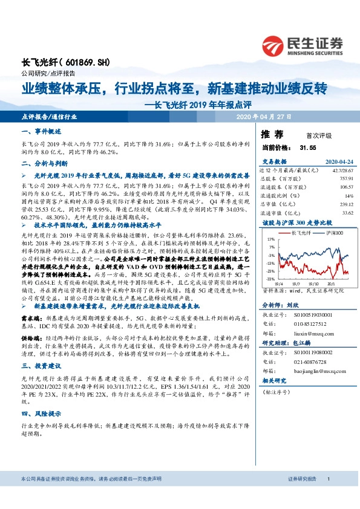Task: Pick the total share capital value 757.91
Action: point(345,179)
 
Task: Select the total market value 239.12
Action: point(345,204)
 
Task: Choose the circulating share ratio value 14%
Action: point(348,196)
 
